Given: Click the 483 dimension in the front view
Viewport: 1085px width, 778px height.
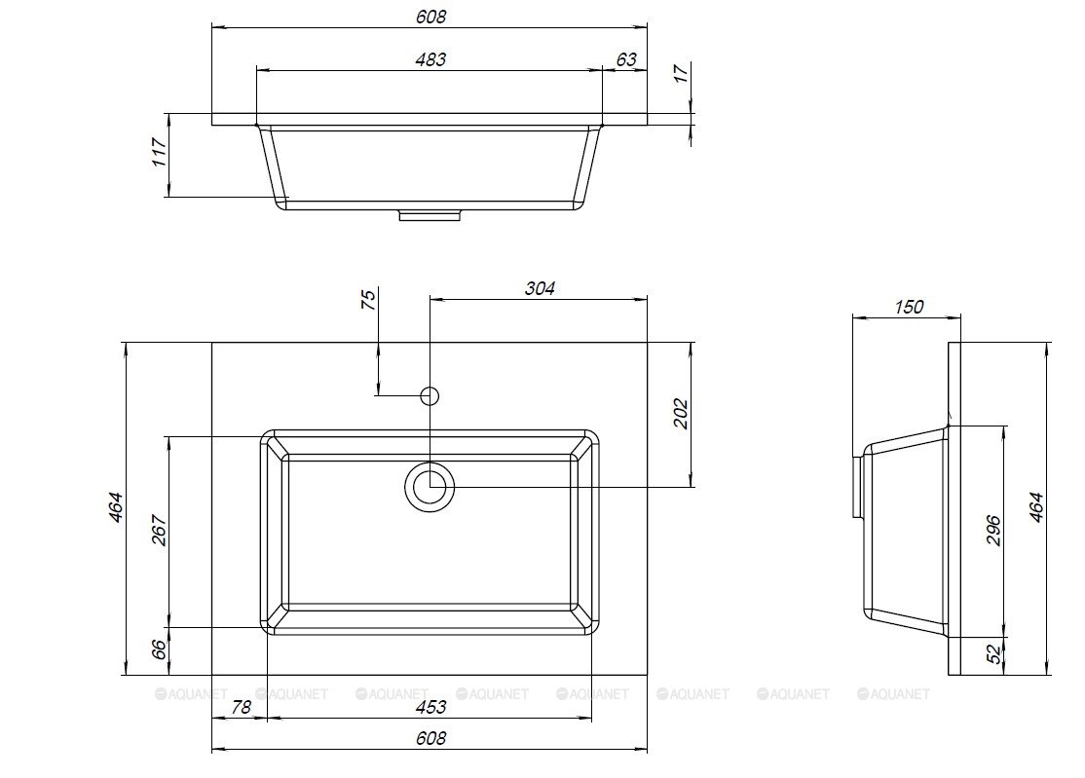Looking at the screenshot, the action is click(430, 60).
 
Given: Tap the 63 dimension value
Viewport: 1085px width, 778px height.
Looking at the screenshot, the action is click(626, 59).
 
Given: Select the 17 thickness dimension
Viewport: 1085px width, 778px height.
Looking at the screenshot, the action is click(682, 73).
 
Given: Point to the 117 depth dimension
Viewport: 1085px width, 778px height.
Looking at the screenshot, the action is click(159, 152).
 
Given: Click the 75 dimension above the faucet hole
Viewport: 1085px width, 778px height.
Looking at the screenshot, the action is click(369, 300).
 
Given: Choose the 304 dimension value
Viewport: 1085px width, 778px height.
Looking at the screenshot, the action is click(539, 288).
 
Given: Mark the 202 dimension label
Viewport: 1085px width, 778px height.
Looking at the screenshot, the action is click(681, 413).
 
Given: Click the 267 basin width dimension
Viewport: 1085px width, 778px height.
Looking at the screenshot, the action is click(159, 531).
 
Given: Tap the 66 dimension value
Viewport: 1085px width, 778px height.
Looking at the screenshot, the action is click(159, 649).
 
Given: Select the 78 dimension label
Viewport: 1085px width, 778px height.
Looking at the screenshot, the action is click(241, 708).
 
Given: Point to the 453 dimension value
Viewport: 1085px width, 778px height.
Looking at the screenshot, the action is click(430, 708).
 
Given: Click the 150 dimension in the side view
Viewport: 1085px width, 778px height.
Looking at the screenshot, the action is click(909, 307).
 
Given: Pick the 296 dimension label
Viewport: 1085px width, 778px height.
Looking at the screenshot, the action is click(993, 530).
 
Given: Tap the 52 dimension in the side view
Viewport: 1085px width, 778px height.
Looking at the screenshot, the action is click(993, 654).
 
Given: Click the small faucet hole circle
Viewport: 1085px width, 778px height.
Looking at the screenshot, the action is click(430, 395).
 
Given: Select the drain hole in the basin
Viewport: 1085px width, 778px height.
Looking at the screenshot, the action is click(430, 486).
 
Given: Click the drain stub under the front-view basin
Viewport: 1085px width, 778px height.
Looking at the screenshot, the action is click(430, 216).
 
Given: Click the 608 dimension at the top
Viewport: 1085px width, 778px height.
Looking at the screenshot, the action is click(430, 17).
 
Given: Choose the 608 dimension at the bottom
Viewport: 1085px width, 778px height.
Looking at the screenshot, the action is click(430, 738).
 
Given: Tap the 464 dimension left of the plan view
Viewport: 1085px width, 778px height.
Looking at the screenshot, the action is click(115, 507).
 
